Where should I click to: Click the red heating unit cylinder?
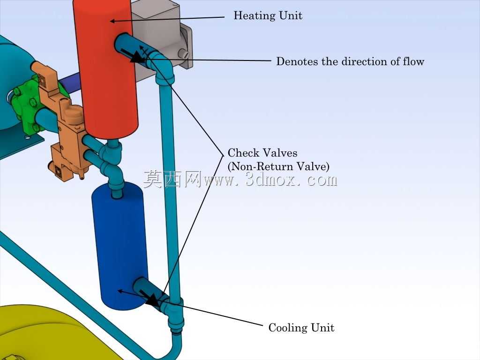click(105, 67)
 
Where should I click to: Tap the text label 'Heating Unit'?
click(268, 15)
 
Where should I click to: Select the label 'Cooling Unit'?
click(301, 328)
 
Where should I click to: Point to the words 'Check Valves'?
click(262, 153)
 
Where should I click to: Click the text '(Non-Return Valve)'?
click(278, 166)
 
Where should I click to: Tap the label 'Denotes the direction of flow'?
click(350, 61)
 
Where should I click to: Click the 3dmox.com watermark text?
click(240, 179)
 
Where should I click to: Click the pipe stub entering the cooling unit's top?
click(116, 190)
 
